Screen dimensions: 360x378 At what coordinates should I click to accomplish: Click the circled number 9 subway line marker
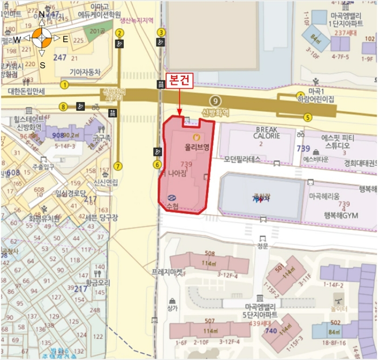[x=215, y=101]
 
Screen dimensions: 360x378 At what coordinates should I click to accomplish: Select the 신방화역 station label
[x=215, y=113]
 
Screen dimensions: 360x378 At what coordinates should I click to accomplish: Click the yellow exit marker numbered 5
[x=307, y=117]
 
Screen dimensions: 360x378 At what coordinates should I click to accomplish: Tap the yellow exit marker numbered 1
[x=65, y=84]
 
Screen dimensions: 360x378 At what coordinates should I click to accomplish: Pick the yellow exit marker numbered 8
[x=64, y=106]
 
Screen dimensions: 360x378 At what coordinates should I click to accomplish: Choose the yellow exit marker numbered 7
[x=118, y=166]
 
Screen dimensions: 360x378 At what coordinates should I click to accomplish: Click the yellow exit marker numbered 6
[x=157, y=164]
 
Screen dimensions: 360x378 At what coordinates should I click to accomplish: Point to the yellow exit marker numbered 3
[x=161, y=32]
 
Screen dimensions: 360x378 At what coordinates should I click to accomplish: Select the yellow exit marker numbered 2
[x=119, y=32]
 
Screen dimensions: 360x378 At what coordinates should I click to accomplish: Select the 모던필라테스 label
[x=242, y=159]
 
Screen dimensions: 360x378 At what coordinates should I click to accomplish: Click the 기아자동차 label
[x=85, y=71]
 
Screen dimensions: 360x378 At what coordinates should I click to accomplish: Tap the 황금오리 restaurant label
[x=97, y=282]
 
